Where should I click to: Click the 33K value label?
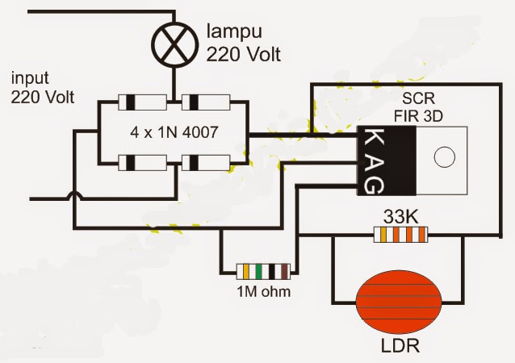point(397,215)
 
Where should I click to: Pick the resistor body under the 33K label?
point(397,235)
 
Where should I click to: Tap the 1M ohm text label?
point(263,292)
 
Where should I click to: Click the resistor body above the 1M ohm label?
point(262,272)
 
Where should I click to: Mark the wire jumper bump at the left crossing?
point(73,196)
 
